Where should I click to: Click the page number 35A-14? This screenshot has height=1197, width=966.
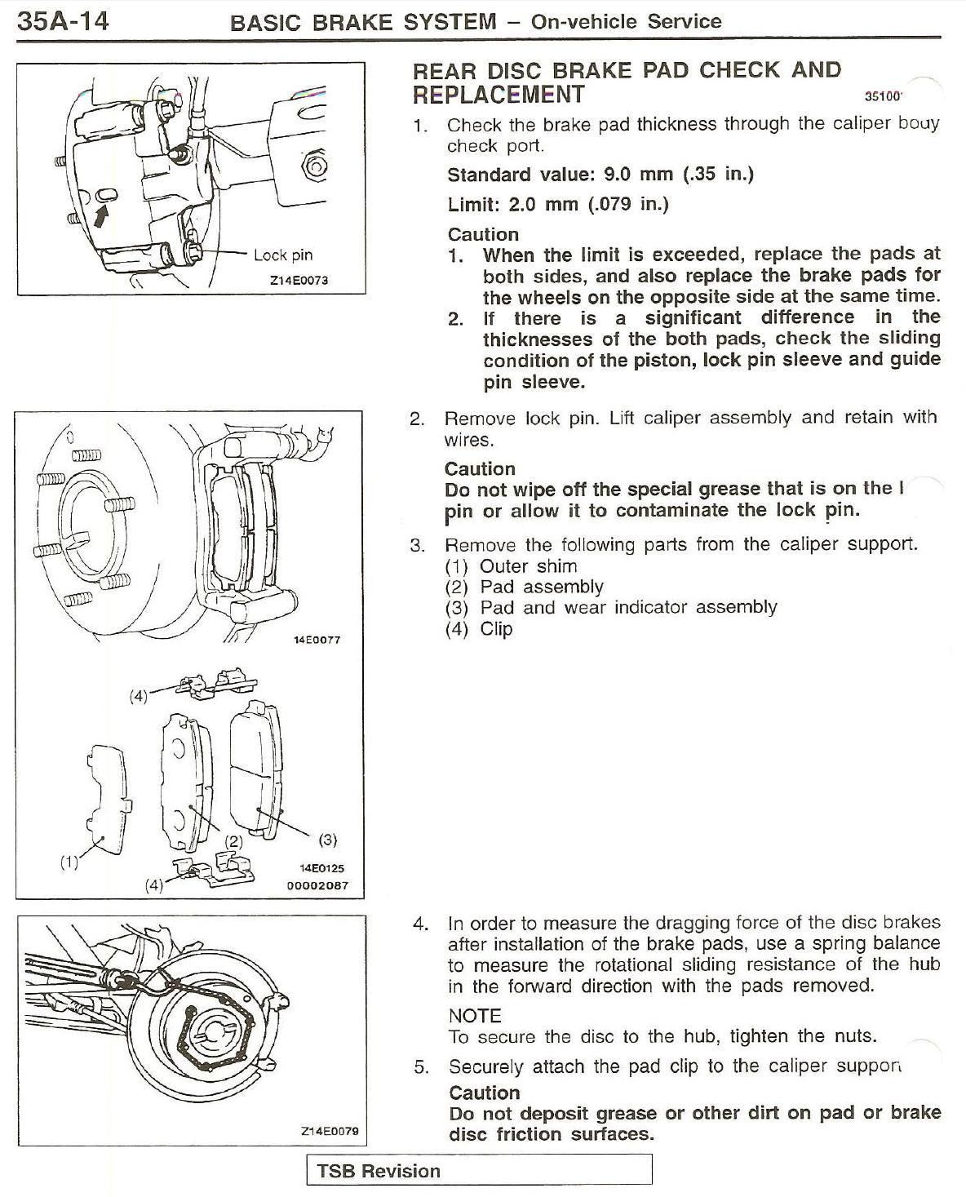[63, 20]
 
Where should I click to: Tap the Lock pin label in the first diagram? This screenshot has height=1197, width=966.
[282, 255]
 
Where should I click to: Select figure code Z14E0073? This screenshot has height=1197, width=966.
[299, 280]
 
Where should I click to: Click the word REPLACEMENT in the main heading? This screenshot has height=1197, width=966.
[499, 95]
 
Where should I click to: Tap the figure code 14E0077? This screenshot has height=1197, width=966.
[317, 640]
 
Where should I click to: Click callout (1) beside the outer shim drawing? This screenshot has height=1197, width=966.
[69, 860]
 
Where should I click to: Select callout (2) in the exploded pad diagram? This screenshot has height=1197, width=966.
[235, 841]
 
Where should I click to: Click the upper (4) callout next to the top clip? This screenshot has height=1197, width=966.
[140, 696]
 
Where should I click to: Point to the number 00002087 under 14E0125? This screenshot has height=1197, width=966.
[315, 885]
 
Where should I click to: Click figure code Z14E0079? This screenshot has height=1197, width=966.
[330, 1131]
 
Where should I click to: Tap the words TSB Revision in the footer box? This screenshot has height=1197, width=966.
[379, 1171]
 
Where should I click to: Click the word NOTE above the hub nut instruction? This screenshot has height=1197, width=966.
[475, 1016]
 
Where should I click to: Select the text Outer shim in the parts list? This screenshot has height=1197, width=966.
[528, 566]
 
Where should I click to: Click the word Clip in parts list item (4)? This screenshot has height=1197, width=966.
[496, 629]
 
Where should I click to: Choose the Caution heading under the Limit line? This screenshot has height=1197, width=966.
[483, 234]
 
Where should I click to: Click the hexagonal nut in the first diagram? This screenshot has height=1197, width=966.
[314, 167]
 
